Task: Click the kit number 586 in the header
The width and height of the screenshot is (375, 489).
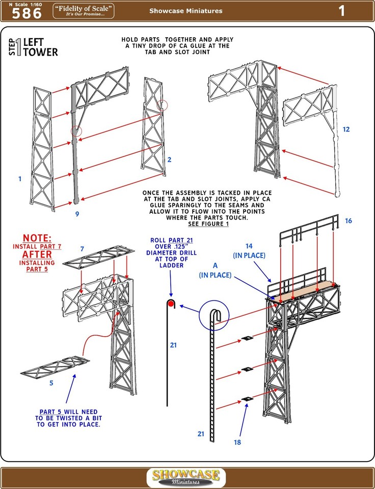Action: (26, 14)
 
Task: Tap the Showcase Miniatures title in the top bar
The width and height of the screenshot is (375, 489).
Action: (185, 11)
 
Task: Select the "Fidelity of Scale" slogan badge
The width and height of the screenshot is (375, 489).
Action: (83, 11)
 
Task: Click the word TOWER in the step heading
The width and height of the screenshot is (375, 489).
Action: (40, 52)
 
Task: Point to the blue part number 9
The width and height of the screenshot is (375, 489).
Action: (77, 214)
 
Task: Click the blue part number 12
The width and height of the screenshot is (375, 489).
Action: (346, 129)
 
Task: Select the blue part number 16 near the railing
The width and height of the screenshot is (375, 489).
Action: (349, 221)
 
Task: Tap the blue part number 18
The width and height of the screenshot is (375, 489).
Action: (237, 442)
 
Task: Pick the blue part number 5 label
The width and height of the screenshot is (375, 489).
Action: (51, 383)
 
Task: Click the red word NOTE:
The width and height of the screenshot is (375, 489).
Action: (37, 238)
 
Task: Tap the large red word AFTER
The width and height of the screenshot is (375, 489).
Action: (37, 255)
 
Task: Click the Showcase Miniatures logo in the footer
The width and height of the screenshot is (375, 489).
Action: (186, 477)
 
